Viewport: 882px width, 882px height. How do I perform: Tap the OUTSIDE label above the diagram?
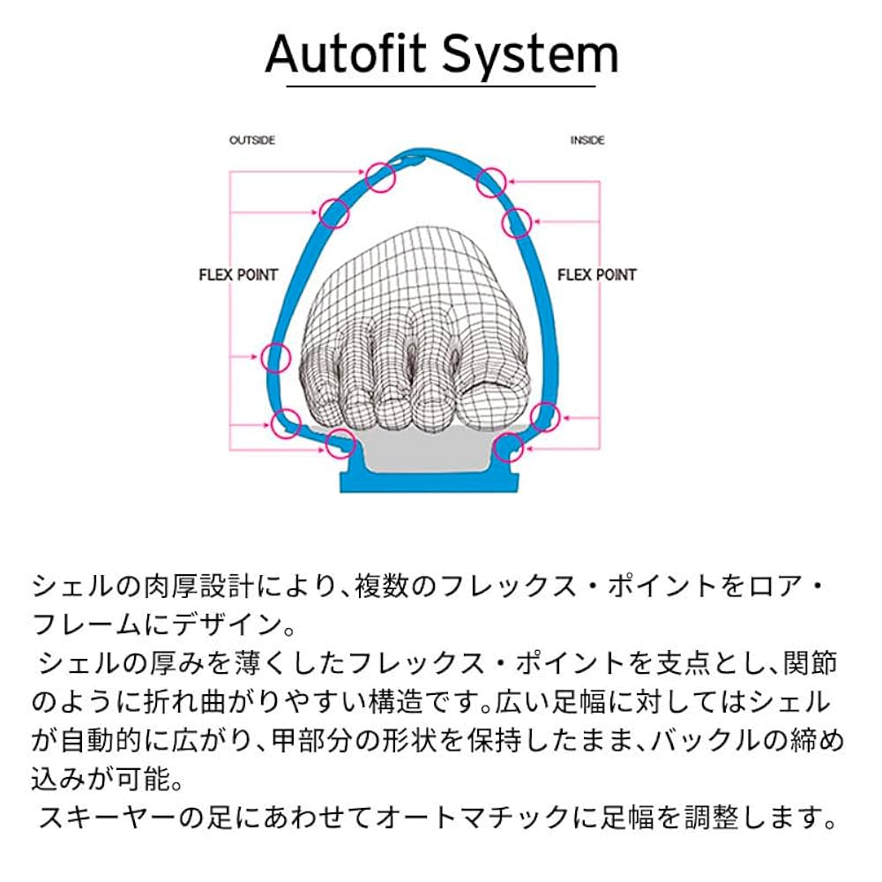[x=252, y=140]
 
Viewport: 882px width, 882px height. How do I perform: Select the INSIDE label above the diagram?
[x=587, y=140]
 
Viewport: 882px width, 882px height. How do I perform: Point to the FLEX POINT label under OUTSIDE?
[x=238, y=275]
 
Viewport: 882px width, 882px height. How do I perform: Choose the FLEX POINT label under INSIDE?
[x=597, y=275]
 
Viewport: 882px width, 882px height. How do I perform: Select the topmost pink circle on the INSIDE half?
[x=491, y=183]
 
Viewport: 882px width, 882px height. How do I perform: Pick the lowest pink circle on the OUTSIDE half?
[x=338, y=444]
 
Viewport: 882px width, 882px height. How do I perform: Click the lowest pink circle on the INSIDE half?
[x=509, y=447]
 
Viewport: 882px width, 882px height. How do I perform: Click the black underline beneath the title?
[x=441, y=85]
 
